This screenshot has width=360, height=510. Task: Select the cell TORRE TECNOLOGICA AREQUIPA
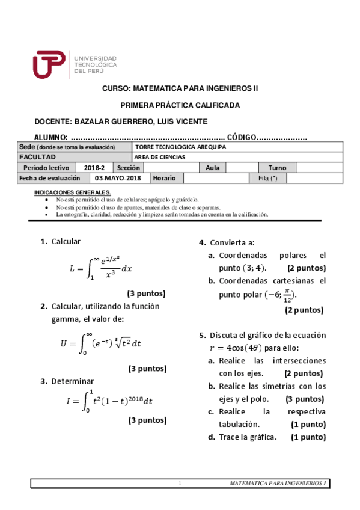[x=180, y=147]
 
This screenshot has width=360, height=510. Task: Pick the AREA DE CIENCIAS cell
[x=160, y=157]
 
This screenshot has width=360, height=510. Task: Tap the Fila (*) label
[x=267, y=178]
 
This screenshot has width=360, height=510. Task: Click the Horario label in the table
[x=164, y=178]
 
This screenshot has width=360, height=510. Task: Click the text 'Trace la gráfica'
[x=248, y=437]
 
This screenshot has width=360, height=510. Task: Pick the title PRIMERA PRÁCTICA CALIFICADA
[x=180, y=105]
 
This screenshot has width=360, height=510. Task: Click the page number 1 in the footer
[x=180, y=484]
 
